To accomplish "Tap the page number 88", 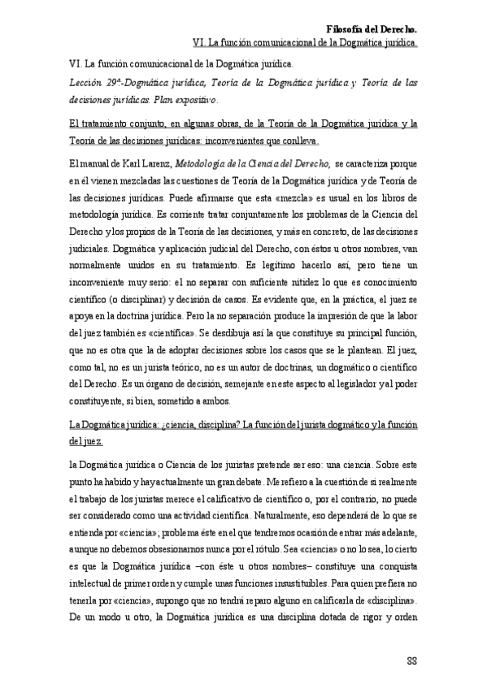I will [411, 659].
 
